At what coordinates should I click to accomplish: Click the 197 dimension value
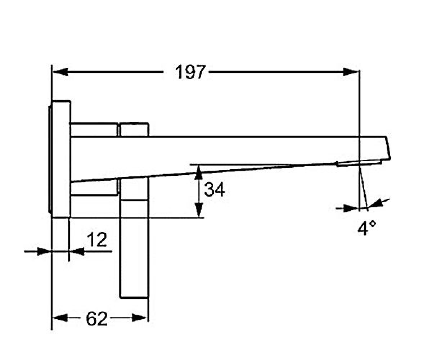point(190,72)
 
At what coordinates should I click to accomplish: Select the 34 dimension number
point(214,189)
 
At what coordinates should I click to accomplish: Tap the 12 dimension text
point(97,239)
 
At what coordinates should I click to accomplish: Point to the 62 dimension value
point(97,319)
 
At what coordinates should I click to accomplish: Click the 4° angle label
point(366,228)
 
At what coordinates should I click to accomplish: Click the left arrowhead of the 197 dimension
point(60,72)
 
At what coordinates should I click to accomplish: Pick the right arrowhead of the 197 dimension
point(350,72)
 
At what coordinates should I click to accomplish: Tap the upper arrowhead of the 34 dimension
point(199,172)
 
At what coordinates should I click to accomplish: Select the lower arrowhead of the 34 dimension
point(199,210)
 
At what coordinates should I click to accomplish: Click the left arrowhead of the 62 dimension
point(60,318)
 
